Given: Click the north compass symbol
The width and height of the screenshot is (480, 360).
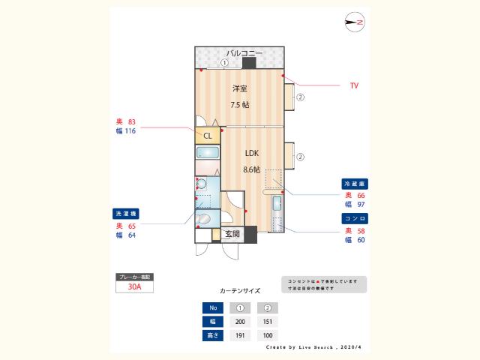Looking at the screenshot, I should [x=355, y=23].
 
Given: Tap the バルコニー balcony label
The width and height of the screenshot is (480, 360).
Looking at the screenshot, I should [x=244, y=53].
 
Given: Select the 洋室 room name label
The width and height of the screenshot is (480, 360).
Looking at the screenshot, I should [x=239, y=88].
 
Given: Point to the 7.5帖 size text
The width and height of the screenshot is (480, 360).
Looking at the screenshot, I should [x=239, y=105].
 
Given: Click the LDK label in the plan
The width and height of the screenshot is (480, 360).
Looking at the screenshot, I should [x=252, y=153].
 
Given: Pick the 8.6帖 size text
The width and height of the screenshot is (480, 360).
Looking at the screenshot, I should [x=252, y=169].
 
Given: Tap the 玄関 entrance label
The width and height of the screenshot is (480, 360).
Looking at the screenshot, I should [x=232, y=234].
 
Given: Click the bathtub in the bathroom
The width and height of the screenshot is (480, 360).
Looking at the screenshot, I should [x=208, y=153].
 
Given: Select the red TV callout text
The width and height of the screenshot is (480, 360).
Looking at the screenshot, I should [x=354, y=86].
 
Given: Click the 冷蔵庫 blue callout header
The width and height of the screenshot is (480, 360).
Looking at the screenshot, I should [x=355, y=184].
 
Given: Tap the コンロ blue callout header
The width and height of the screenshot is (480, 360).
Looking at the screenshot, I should [x=355, y=218].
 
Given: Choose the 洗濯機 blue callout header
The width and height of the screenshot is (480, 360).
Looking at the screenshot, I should [x=126, y=213].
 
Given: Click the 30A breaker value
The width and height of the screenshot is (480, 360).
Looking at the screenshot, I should [x=135, y=286].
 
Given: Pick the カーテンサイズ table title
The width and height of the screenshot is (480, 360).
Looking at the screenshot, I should [x=240, y=289].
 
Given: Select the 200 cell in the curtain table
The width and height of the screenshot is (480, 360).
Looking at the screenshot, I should [x=240, y=321].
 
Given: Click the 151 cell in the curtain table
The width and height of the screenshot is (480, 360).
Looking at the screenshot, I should [x=267, y=321].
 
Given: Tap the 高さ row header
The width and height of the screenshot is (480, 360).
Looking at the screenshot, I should [x=211, y=334].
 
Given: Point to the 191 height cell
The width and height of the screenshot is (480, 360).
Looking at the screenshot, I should [x=240, y=334].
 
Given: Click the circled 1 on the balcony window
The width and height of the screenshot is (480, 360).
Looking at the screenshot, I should [x=223, y=63].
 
